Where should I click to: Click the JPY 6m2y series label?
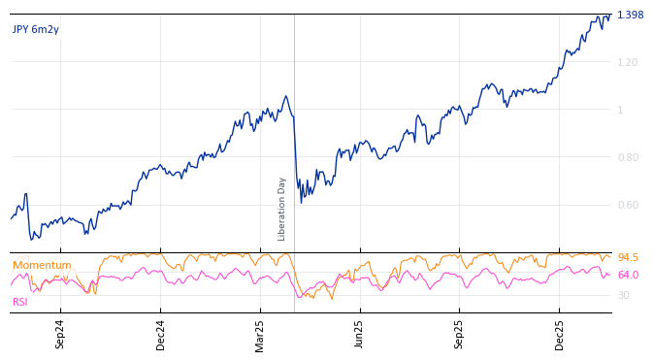pyautogui.click(x=36, y=30)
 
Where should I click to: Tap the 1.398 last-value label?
pyautogui.click(x=630, y=16)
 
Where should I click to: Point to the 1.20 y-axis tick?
pyautogui.click(x=627, y=63)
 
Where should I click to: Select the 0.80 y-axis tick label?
pyautogui.click(x=627, y=157)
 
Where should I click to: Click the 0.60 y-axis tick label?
pyautogui.click(x=627, y=205)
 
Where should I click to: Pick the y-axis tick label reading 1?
pyautogui.click(x=620, y=111)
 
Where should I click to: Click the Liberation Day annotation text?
pyautogui.click(x=282, y=209)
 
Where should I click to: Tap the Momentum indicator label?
pyautogui.click(x=42, y=266)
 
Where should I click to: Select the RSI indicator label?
pyautogui.click(x=20, y=303)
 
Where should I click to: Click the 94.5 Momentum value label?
pyautogui.click(x=628, y=258)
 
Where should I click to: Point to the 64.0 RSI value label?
pyautogui.click(x=628, y=276)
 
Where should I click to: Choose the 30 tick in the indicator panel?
pyautogui.click(x=623, y=296)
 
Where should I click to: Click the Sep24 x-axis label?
pyautogui.click(x=60, y=334)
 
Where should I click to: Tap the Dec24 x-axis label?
pyautogui.click(x=161, y=334)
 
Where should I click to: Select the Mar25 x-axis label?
pyautogui.click(x=260, y=334)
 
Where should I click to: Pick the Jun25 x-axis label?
pyautogui.click(x=360, y=334)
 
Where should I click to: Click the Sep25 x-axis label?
pyautogui.click(x=460, y=334)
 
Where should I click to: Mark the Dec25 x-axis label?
pyautogui.click(x=560, y=334)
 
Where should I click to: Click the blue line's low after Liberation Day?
pyautogui.click(x=301, y=202)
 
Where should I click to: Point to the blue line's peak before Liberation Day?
pyautogui.click(x=285, y=96)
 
